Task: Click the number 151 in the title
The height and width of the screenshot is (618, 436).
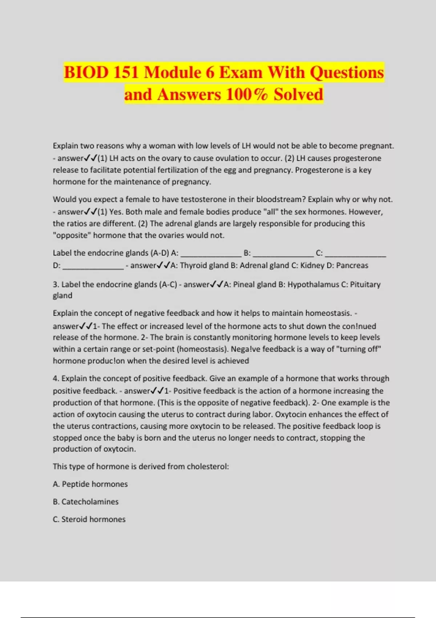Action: [x=126, y=72]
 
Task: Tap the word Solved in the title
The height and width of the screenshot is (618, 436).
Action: [x=298, y=95]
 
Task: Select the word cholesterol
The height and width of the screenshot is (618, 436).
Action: [x=207, y=466]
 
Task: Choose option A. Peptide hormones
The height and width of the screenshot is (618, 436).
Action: [x=90, y=484]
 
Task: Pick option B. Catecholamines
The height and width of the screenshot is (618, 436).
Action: [x=86, y=502]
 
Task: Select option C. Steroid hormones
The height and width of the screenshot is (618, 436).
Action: [x=89, y=519]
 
